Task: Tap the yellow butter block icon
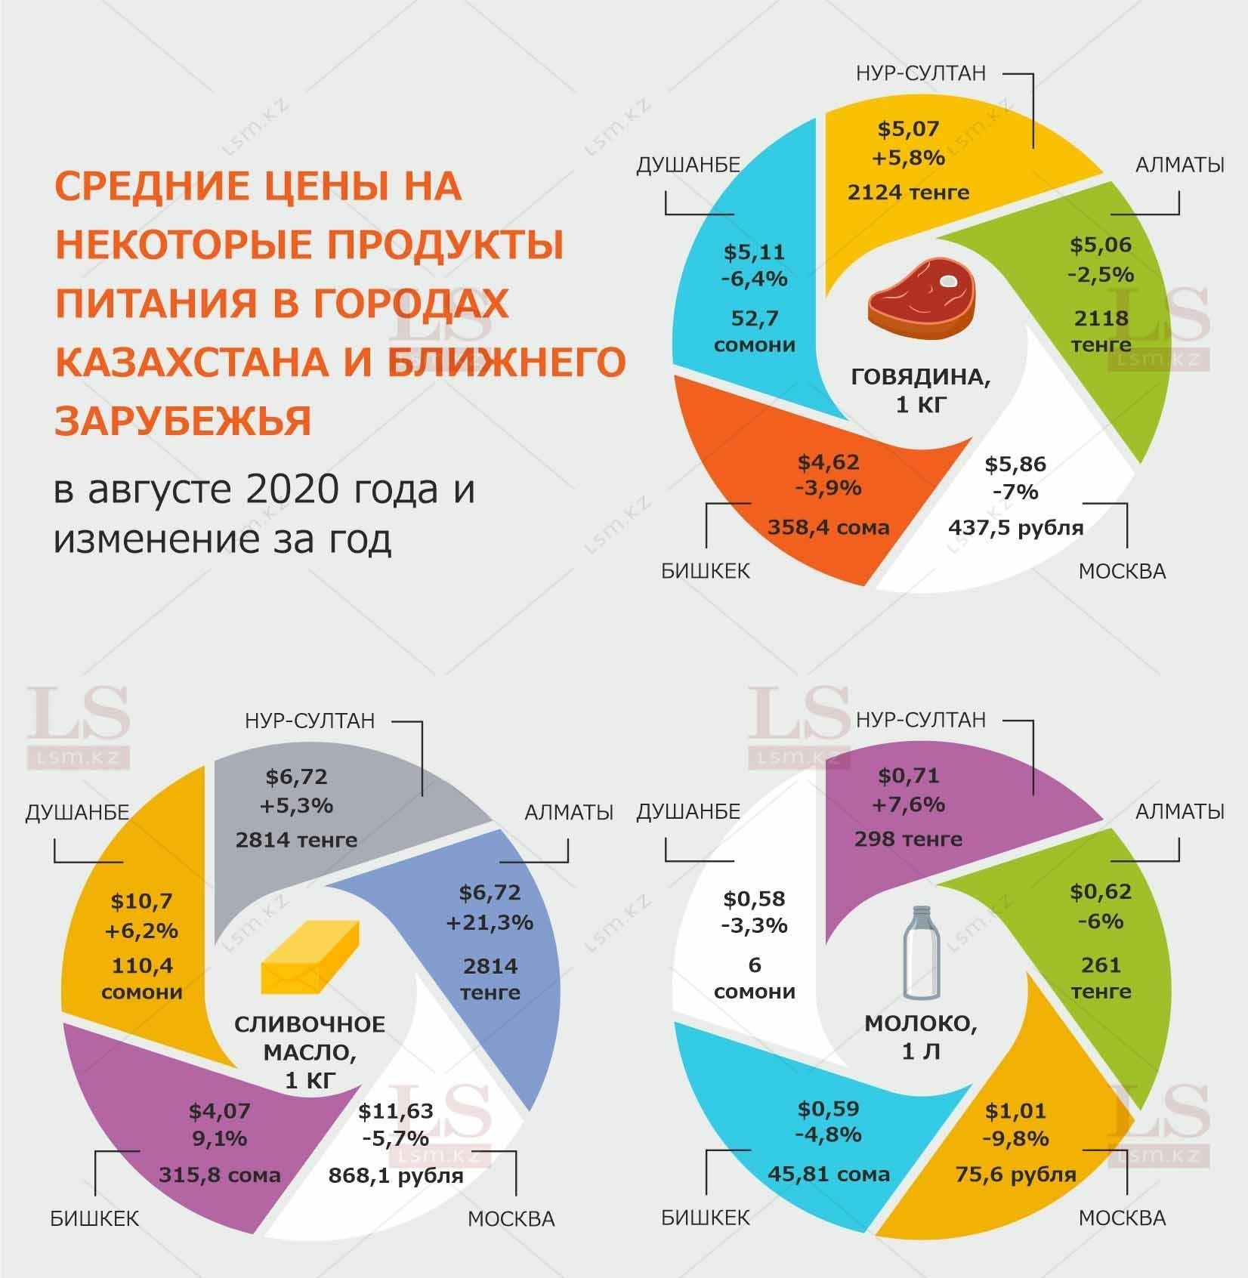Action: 309,956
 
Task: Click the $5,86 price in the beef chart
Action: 1015,464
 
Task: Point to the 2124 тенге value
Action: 908,193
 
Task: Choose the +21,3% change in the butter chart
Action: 490,923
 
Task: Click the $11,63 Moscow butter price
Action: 396,1111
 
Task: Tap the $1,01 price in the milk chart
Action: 1015,1111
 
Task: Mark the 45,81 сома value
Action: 829,1175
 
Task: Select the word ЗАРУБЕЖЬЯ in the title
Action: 184,421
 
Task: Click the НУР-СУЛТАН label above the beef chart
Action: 921,73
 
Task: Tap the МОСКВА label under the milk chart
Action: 1122,1218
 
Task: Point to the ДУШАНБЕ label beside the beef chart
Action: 687,165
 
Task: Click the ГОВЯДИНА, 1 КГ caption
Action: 921,390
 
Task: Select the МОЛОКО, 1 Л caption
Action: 921,1038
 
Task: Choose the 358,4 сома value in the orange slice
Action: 829,527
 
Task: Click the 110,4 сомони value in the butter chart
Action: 143,978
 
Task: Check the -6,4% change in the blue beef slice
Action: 754,279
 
